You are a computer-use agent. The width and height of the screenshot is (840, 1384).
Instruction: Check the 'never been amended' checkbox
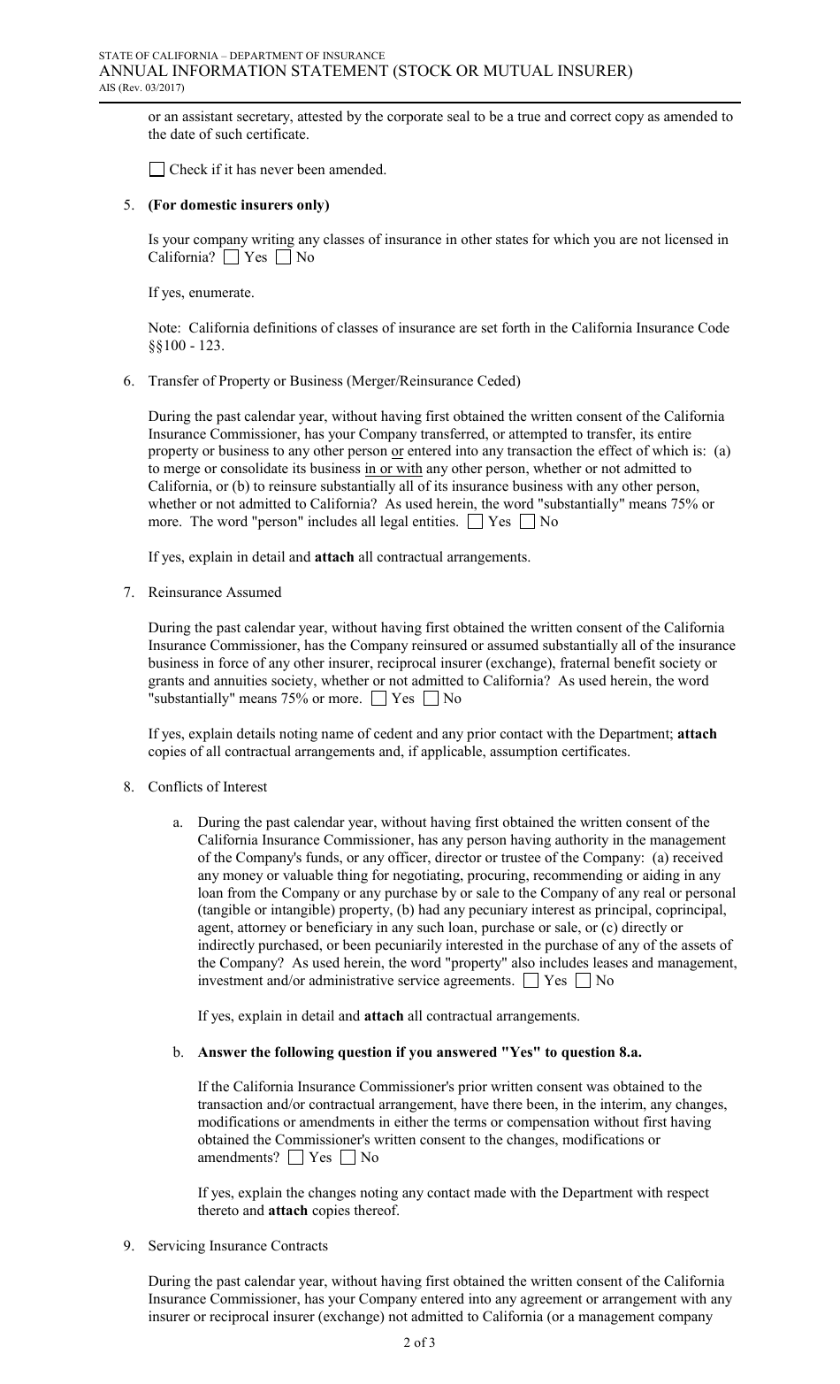click(157, 170)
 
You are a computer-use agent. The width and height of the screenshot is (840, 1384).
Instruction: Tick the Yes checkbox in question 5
click(231, 257)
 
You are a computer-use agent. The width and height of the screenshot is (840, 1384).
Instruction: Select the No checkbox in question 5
click(283, 257)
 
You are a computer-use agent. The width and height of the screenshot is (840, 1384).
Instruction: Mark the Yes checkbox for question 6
click(475, 522)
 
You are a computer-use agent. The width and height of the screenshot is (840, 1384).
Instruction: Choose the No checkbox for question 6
click(527, 522)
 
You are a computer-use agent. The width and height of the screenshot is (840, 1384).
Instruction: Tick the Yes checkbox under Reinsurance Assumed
click(379, 699)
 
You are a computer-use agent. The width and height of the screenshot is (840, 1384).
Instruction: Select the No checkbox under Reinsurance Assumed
click(431, 699)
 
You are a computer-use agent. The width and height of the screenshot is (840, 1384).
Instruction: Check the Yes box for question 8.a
click(531, 981)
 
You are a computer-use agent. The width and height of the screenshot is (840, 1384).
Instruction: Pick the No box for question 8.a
click(583, 981)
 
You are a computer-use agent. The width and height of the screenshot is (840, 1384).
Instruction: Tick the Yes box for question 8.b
click(296, 1158)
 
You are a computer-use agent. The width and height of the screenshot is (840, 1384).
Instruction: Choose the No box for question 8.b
click(348, 1158)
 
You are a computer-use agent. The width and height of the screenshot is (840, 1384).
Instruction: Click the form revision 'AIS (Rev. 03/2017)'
click(141, 87)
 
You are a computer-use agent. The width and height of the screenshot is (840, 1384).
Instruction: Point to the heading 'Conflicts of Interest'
click(207, 787)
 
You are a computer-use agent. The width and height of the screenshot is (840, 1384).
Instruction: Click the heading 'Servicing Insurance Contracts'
click(237, 1246)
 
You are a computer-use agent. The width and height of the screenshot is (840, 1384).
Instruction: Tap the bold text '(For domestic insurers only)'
click(238, 205)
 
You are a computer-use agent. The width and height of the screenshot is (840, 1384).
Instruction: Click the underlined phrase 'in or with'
click(393, 469)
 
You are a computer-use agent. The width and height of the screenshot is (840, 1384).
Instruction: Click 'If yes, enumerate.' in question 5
click(201, 293)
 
